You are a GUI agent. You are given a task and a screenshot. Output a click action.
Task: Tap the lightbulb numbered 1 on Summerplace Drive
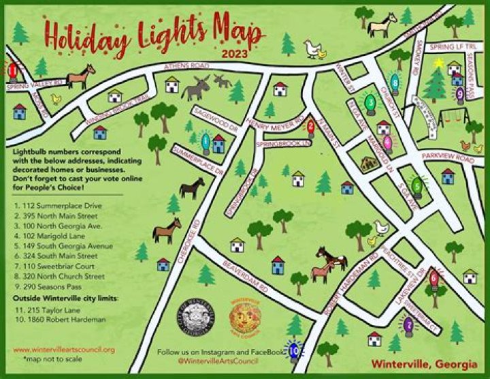pyautogui.click(x=206, y=142)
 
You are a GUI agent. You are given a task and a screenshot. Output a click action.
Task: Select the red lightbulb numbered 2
pyautogui.click(x=311, y=126)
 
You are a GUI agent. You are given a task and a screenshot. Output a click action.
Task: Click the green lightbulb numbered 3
pyautogui.click(x=370, y=103)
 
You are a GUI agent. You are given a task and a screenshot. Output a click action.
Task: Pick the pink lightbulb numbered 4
pyautogui.click(x=387, y=143)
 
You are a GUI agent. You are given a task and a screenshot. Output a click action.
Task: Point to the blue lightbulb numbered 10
pyautogui.click(x=294, y=350)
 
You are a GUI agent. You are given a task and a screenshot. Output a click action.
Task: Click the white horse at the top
pyautogui.click(x=382, y=25)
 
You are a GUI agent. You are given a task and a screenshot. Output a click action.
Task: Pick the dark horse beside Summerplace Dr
pyautogui.click(x=192, y=187)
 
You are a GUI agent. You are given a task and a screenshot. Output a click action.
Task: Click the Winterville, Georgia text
pyautogui.click(x=427, y=363)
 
